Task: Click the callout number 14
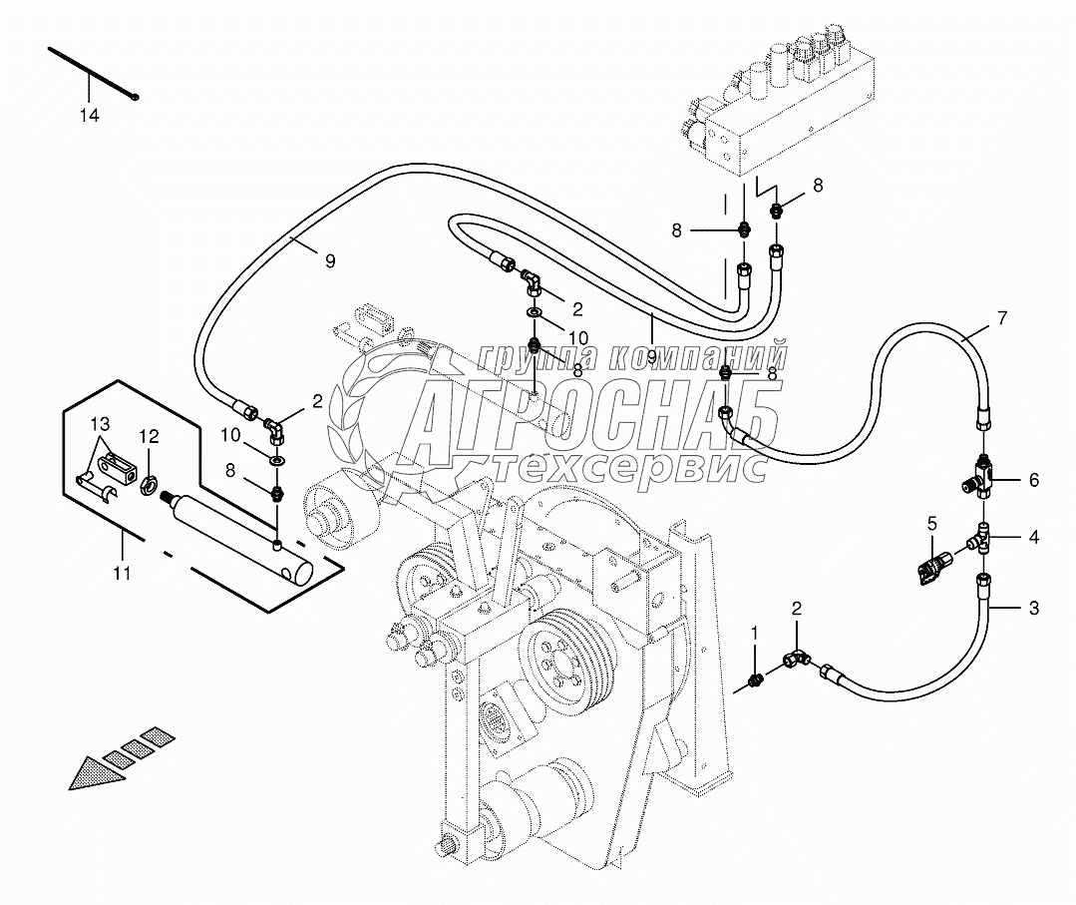point(90,116)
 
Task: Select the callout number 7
point(1002,318)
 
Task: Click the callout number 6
point(1033,537)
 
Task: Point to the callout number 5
point(932,522)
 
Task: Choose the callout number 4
point(1033,480)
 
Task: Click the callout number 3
point(1033,608)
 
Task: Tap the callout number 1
point(755,632)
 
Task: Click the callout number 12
point(149,435)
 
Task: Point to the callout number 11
point(122,573)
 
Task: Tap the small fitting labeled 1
point(755,680)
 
